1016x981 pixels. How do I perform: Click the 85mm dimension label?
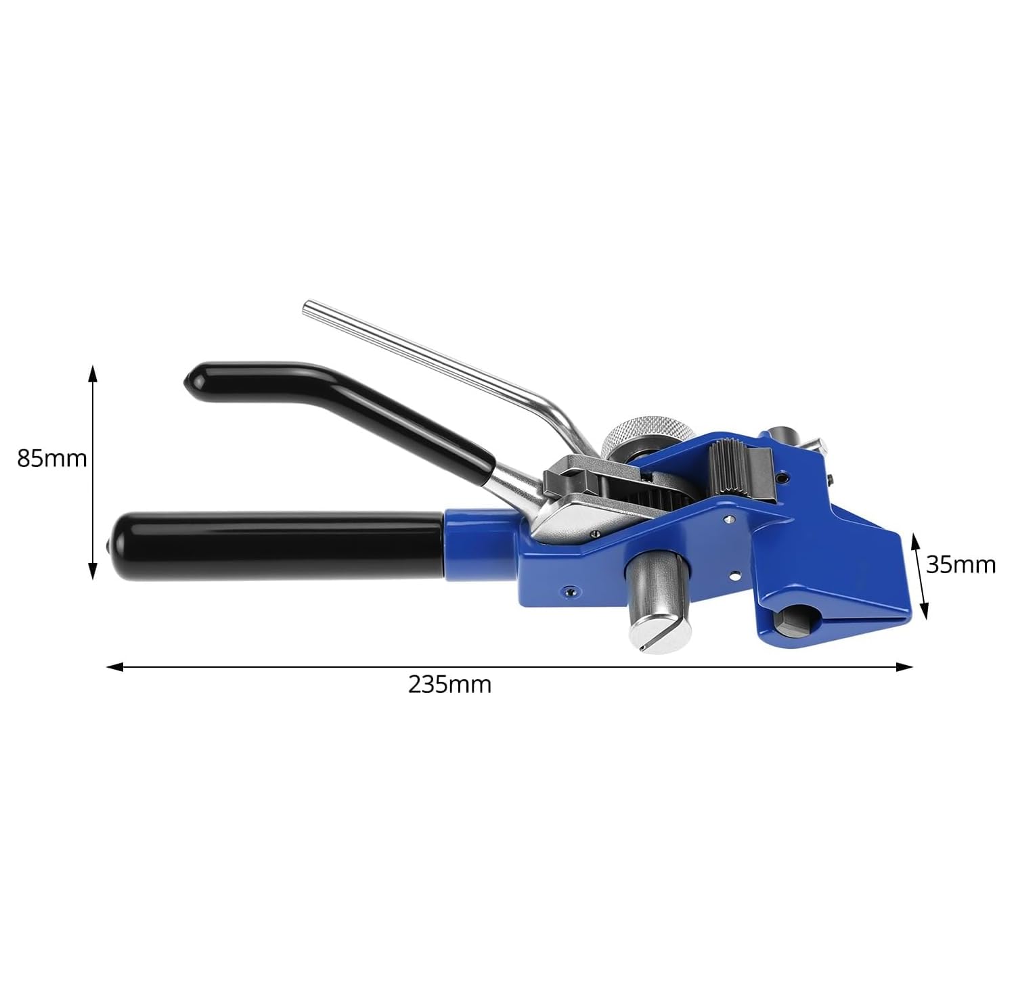(52, 458)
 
